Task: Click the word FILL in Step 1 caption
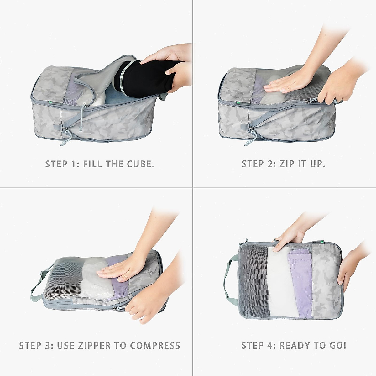[x=92, y=164]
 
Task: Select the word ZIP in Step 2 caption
[x=287, y=164]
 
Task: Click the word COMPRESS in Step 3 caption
[x=155, y=346]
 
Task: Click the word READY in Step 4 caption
[x=297, y=346]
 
